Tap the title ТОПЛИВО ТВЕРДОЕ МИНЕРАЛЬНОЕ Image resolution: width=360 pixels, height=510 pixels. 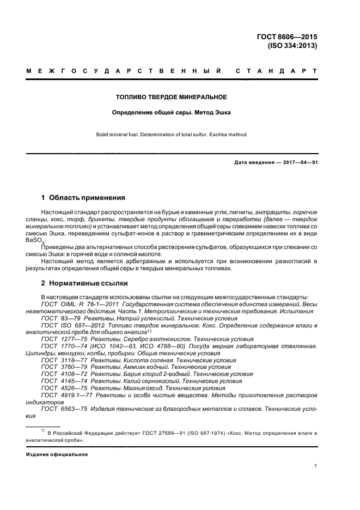(x=180, y=98)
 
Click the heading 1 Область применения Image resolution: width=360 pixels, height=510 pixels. (x=83, y=197)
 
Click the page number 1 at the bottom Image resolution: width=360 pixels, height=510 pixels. (x=316, y=466)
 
